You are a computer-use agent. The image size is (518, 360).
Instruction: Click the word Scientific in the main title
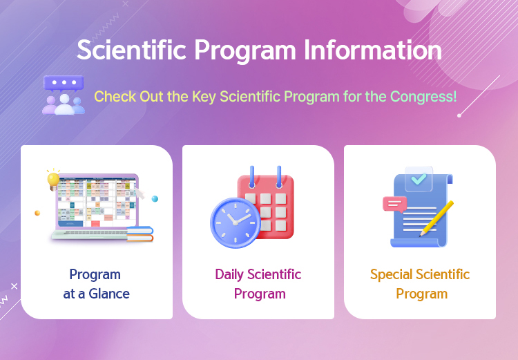[x=132, y=50]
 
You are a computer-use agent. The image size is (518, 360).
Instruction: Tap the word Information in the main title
[x=373, y=50]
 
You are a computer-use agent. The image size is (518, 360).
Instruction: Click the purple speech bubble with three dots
[x=64, y=83]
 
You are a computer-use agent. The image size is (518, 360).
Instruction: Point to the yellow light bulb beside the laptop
[x=53, y=180]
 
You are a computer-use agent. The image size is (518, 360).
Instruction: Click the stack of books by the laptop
[x=140, y=234]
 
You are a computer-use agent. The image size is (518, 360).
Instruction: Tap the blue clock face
[x=236, y=222]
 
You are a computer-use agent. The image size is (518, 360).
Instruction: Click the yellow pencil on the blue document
[x=437, y=218]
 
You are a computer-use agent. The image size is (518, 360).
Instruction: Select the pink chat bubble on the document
[x=395, y=205]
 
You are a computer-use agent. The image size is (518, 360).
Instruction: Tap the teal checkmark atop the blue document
[x=419, y=179]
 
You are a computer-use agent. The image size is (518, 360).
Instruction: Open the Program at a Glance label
[x=96, y=284]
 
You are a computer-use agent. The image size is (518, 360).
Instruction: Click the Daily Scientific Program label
[x=258, y=284]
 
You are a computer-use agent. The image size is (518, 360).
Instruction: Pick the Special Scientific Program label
[x=420, y=284]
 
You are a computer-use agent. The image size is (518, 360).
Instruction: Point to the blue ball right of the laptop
[x=155, y=199]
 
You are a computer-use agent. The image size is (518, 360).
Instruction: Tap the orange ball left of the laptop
[x=37, y=213]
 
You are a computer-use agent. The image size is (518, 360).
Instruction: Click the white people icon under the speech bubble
[x=64, y=104]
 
